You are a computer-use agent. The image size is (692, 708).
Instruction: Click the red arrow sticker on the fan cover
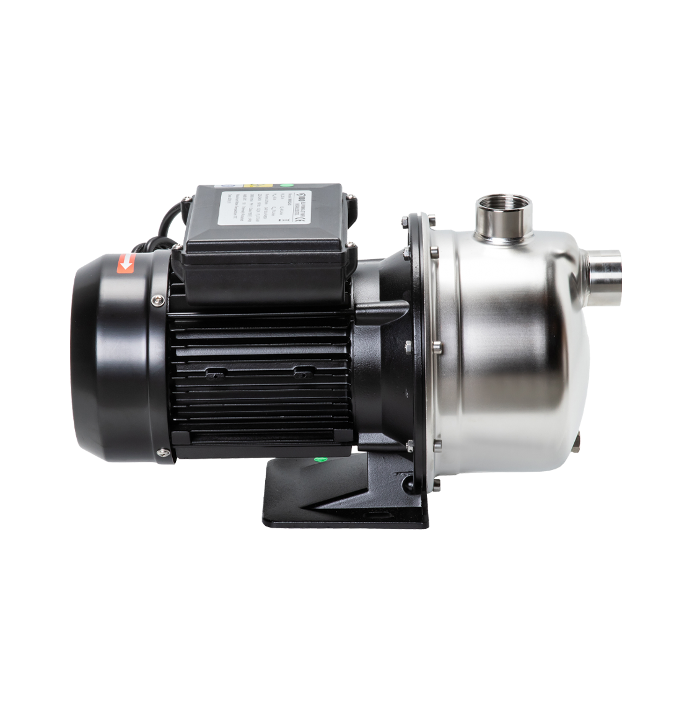[127, 264]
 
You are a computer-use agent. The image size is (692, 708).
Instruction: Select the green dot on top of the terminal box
[287, 184]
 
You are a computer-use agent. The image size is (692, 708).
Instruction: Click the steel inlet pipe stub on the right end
[605, 272]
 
